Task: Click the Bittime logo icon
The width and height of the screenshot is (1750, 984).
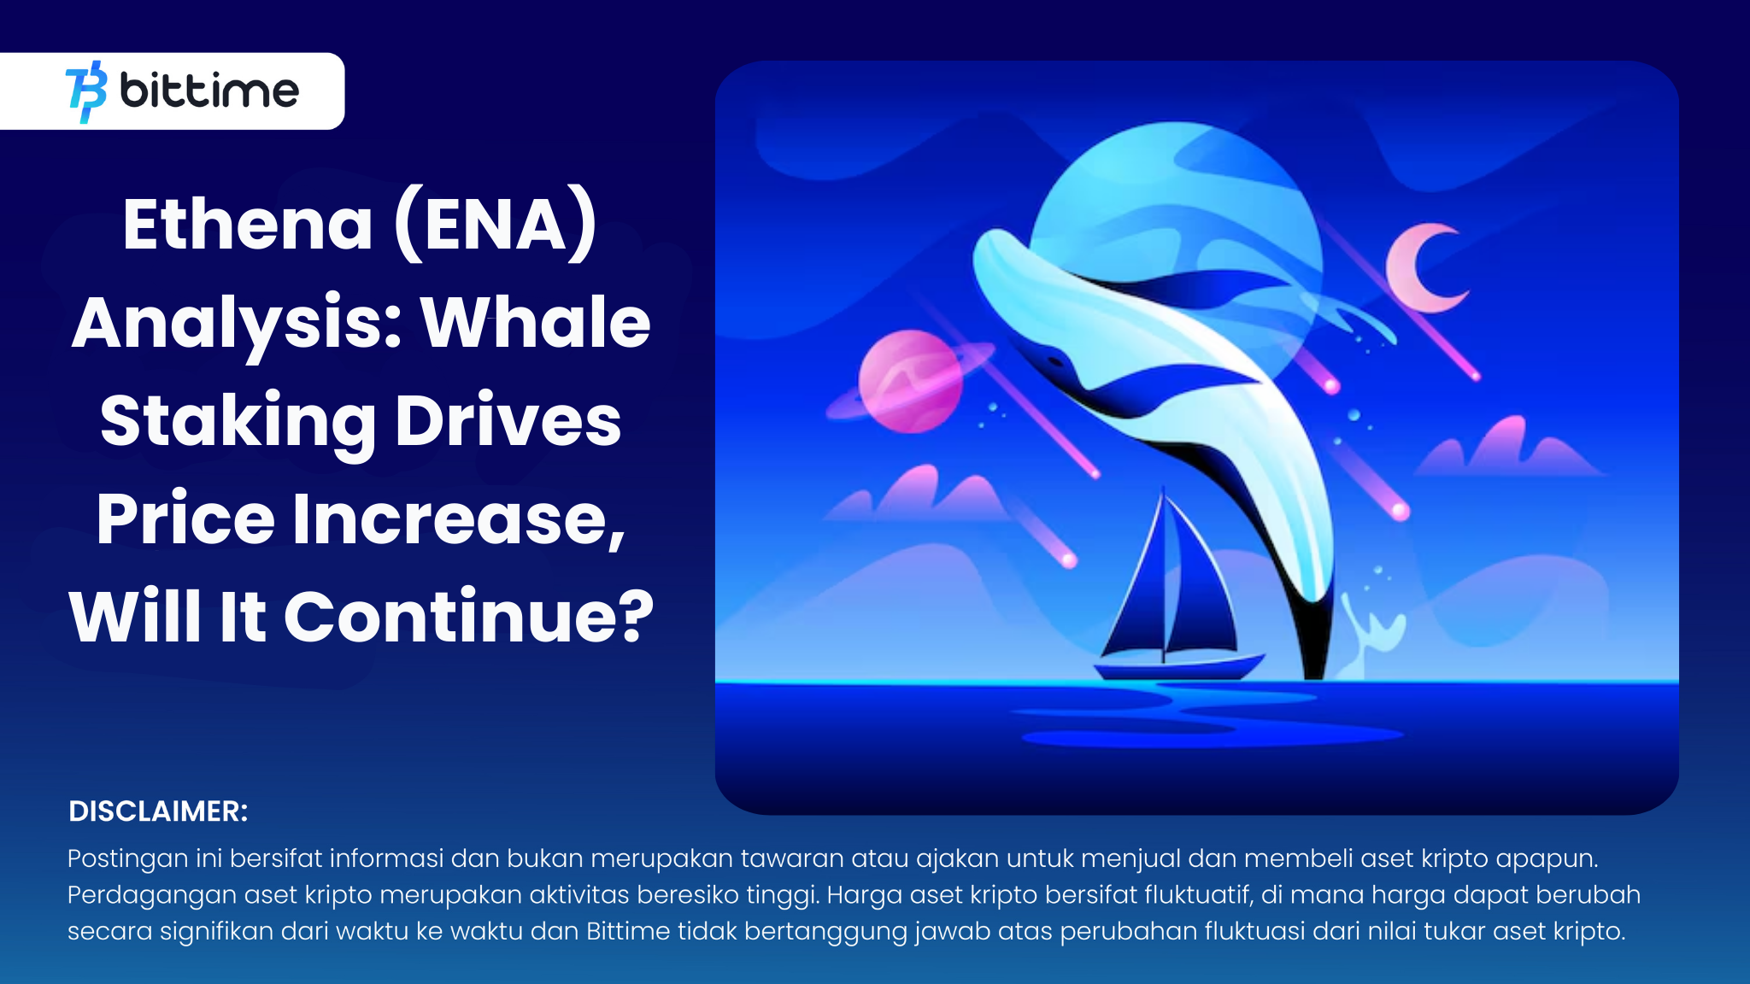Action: [x=86, y=91]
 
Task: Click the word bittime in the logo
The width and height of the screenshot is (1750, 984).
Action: [x=209, y=91]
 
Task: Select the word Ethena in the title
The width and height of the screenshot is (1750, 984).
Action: [x=248, y=224]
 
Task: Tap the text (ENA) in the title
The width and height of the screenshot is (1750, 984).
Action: [x=496, y=224]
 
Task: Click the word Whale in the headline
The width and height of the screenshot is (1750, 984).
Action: [x=536, y=323]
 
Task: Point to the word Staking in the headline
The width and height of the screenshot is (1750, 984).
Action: [x=238, y=421]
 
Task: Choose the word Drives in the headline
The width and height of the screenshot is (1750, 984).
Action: [x=508, y=421]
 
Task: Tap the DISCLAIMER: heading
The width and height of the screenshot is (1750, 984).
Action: [x=158, y=811]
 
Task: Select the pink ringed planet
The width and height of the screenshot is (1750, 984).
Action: [x=910, y=381]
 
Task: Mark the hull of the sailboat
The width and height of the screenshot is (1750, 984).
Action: [x=1179, y=666]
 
